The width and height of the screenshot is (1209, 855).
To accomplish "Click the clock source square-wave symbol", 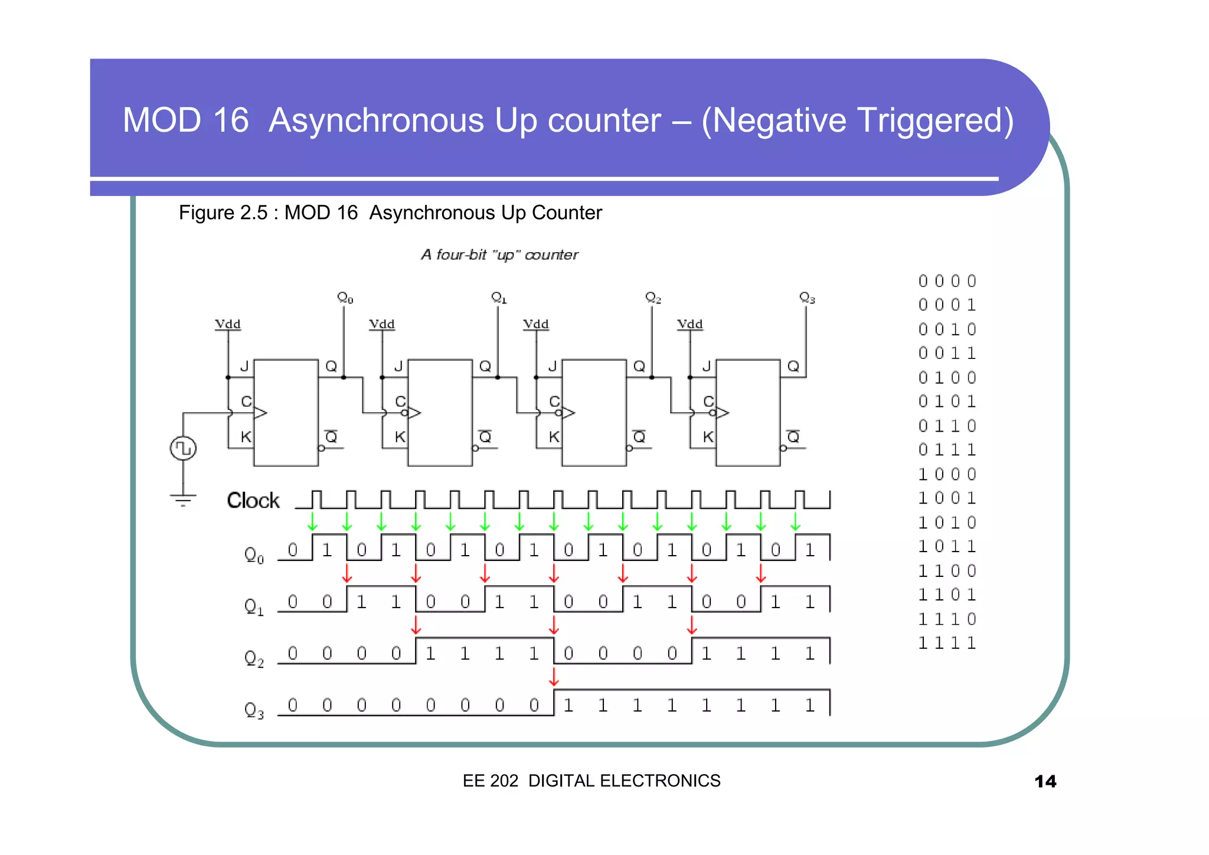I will pyautogui.click(x=183, y=448).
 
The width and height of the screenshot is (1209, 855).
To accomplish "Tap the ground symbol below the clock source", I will pyautogui.click(x=183, y=500).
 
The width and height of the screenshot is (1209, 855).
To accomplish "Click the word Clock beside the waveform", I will pyautogui.click(x=253, y=501).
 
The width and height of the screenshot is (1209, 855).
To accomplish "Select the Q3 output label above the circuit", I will pyautogui.click(x=806, y=298).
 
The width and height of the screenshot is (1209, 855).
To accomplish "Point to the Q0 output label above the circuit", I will pyautogui.click(x=345, y=298).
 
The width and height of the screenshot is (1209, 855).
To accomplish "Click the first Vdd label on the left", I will pyautogui.click(x=228, y=324).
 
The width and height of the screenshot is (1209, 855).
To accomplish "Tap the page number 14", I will pyautogui.click(x=1045, y=781).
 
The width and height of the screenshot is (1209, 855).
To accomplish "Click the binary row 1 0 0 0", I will pyautogui.click(x=947, y=474).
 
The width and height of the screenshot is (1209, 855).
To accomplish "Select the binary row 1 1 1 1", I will pyautogui.click(x=947, y=643).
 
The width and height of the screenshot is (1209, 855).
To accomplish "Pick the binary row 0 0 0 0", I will pyautogui.click(x=947, y=281).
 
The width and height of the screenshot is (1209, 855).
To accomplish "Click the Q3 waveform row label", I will pyautogui.click(x=254, y=709).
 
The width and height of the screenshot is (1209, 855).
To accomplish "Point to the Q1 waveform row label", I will pyautogui.click(x=254, y=606).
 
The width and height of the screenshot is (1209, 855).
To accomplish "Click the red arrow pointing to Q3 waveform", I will pyautogui.click(x=554, y=677).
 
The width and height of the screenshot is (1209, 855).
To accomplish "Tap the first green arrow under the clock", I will pyautogui.click(x=312, y=521).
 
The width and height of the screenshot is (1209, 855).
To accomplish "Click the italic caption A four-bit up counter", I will pyautogui.click(x=499, y=254).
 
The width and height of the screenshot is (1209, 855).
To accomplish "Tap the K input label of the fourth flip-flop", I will pyautogui.click(x=708, y=437).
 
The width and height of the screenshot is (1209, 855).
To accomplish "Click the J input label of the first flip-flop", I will pyautogui.click(x=244, y=367).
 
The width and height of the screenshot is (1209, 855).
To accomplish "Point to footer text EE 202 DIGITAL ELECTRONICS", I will pyautogui.click(x=592, y=781).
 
